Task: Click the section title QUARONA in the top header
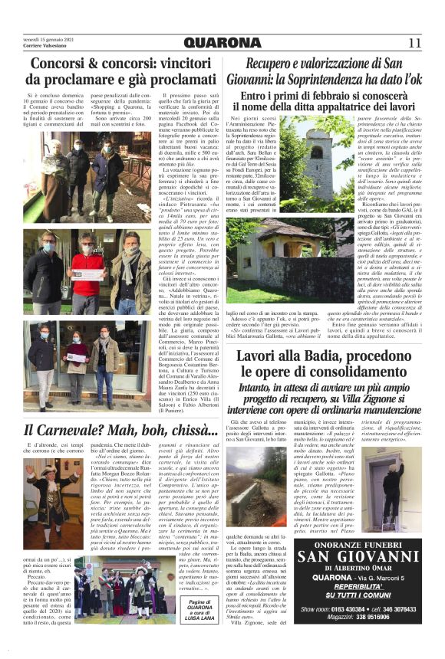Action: (x=222, y=42)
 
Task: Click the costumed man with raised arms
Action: (x=52, y=490)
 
